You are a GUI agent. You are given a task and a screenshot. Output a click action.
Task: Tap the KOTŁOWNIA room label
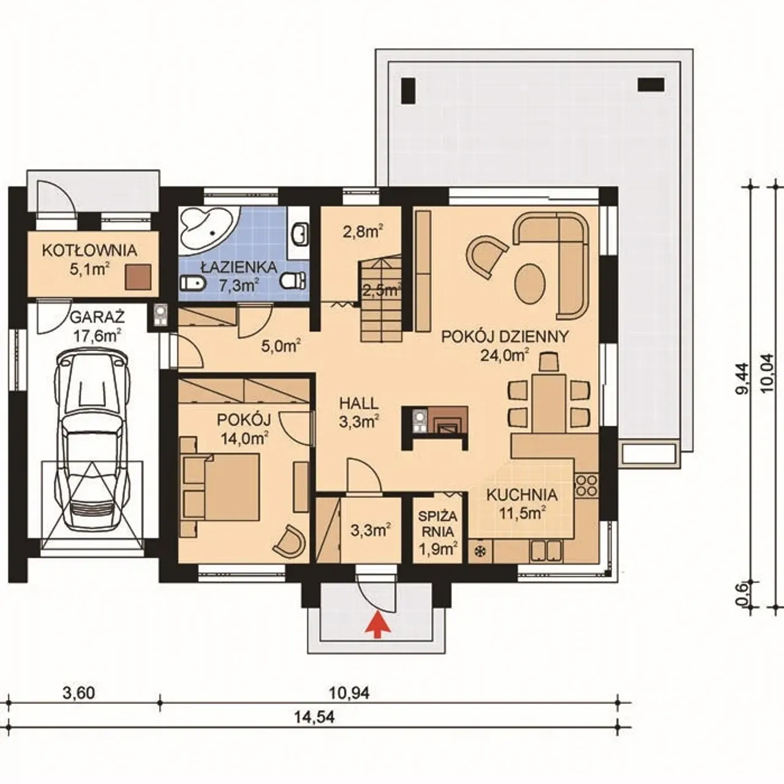[x=89, y=251]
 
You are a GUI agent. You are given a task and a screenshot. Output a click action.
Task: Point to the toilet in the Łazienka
[x=293, y=280]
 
